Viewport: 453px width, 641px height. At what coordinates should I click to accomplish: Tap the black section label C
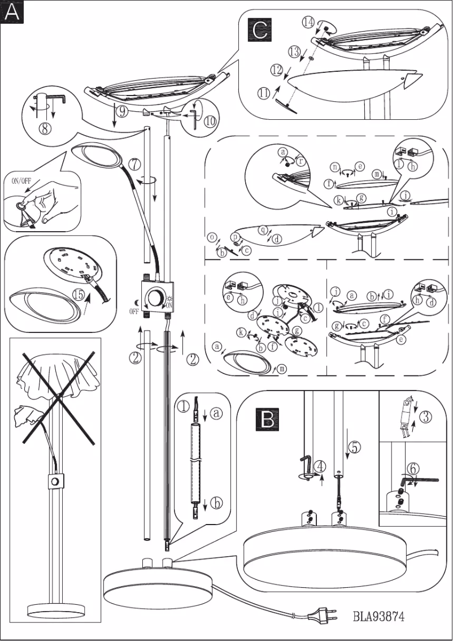(x=260, y=29)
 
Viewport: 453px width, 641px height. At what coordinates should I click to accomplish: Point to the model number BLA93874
(x=378, y=616)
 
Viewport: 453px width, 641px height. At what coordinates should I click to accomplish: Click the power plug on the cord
(x=320, y=612)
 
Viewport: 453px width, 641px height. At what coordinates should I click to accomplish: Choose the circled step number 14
(x=308, y=23)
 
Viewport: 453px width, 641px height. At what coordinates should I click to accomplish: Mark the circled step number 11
(x=264, y=94)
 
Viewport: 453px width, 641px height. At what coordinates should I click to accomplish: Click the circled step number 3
(x=426, y=418)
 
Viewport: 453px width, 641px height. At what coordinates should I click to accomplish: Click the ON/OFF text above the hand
(x=23, y=181)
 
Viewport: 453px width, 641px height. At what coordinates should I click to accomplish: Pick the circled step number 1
(x=182, y=405)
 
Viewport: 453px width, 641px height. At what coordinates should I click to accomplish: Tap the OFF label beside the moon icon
(x=133, y=311)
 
